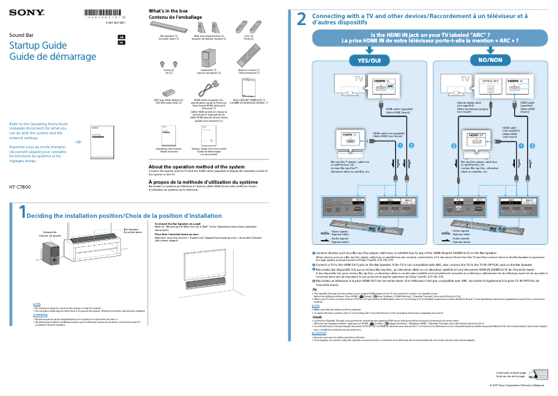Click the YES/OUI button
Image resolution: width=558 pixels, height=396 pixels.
369,61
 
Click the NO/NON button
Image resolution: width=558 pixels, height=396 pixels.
490,61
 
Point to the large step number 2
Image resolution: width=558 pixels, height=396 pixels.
302,19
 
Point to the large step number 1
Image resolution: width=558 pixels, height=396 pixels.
22,212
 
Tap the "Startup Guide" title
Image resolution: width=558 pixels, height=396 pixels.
38,45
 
